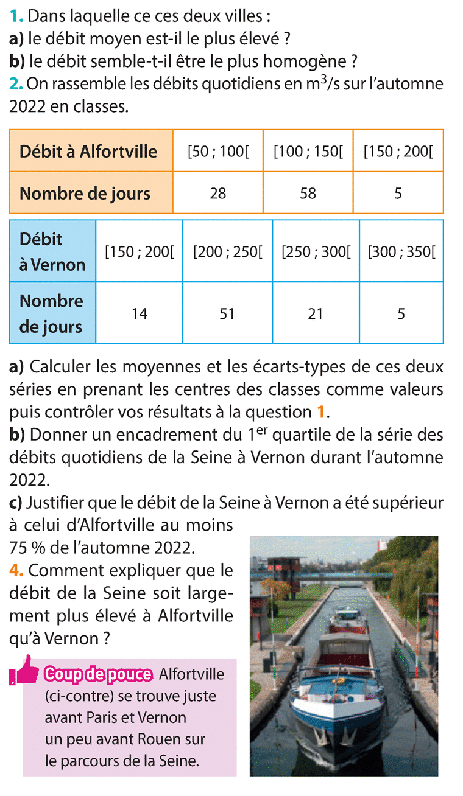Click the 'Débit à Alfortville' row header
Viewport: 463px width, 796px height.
pos(91,151)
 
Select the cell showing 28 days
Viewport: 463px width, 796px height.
pos(217,193)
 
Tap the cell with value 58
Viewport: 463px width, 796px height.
pos(308,193)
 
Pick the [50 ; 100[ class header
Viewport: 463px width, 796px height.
pos(217,151)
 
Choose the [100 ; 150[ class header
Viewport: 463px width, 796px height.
pos(308,151)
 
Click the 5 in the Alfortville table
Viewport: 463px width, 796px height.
pos(398,193)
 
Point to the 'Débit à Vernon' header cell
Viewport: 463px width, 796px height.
pos(52,251)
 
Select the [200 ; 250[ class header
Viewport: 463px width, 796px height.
pos(227,252)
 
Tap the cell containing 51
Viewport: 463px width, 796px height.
pos(227,313)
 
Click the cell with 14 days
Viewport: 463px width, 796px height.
pos(139,313)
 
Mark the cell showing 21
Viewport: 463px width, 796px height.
pos(316,313)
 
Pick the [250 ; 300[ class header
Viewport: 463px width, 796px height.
pos(316,252)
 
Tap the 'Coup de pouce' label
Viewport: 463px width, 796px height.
pos(97,674)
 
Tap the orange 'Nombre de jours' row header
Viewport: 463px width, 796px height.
pos(85,193)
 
